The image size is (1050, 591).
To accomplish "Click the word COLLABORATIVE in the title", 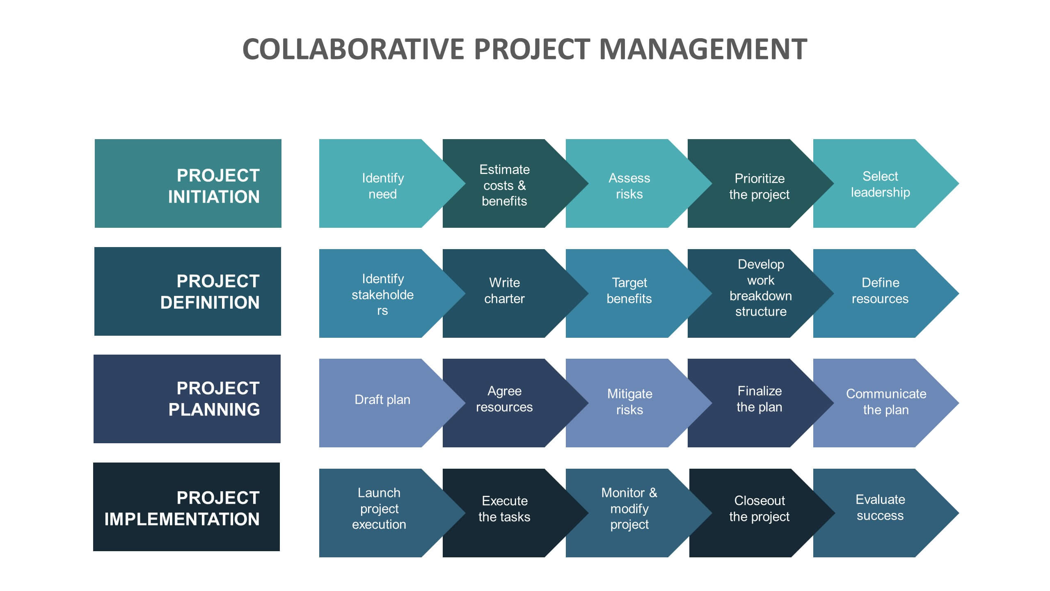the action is click(x=354, y=49).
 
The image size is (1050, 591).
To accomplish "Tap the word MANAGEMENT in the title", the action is click(x=703, y=49).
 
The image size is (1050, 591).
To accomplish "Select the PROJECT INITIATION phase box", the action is click(x=188, y=183).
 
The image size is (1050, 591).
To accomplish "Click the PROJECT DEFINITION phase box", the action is click(x=188, y=291).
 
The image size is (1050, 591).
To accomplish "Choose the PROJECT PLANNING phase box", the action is click(x=187, y=399).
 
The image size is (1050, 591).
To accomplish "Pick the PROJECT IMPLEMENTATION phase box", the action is click(x=186, y=507).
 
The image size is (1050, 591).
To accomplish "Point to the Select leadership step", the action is click(x=881, y=183).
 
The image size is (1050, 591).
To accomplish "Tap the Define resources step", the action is click(x=881, y=293).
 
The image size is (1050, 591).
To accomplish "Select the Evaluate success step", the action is click(x=881, y=513).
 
